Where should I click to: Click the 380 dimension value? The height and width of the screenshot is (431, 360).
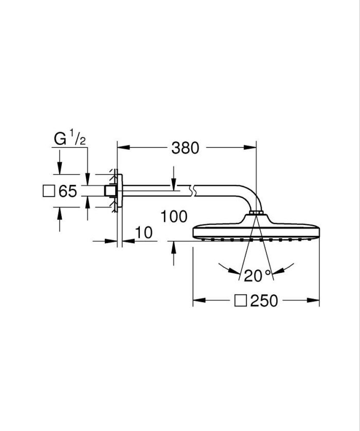pyautogui.click(x=185, y=148)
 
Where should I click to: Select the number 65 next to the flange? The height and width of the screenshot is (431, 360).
pyautogui.click(x=67, y=192)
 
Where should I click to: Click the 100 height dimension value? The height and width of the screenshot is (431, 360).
pyautogui.click(x=173, y=216)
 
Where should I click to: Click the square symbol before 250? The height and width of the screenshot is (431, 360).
pyautogui.click(x=241, y=301)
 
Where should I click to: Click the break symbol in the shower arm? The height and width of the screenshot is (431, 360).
pyautogui.click(x=193, y=191)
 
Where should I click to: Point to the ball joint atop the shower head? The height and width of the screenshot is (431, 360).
pyautogui.click(x=257, y=214)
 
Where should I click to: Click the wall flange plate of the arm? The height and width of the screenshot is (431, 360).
pyautogui.click(x=118, y=191)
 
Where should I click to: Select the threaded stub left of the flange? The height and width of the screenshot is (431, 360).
pyautogui.click(x=110, y=191)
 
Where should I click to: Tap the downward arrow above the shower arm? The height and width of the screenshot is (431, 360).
pyautogui.click(x=173, y=181)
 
